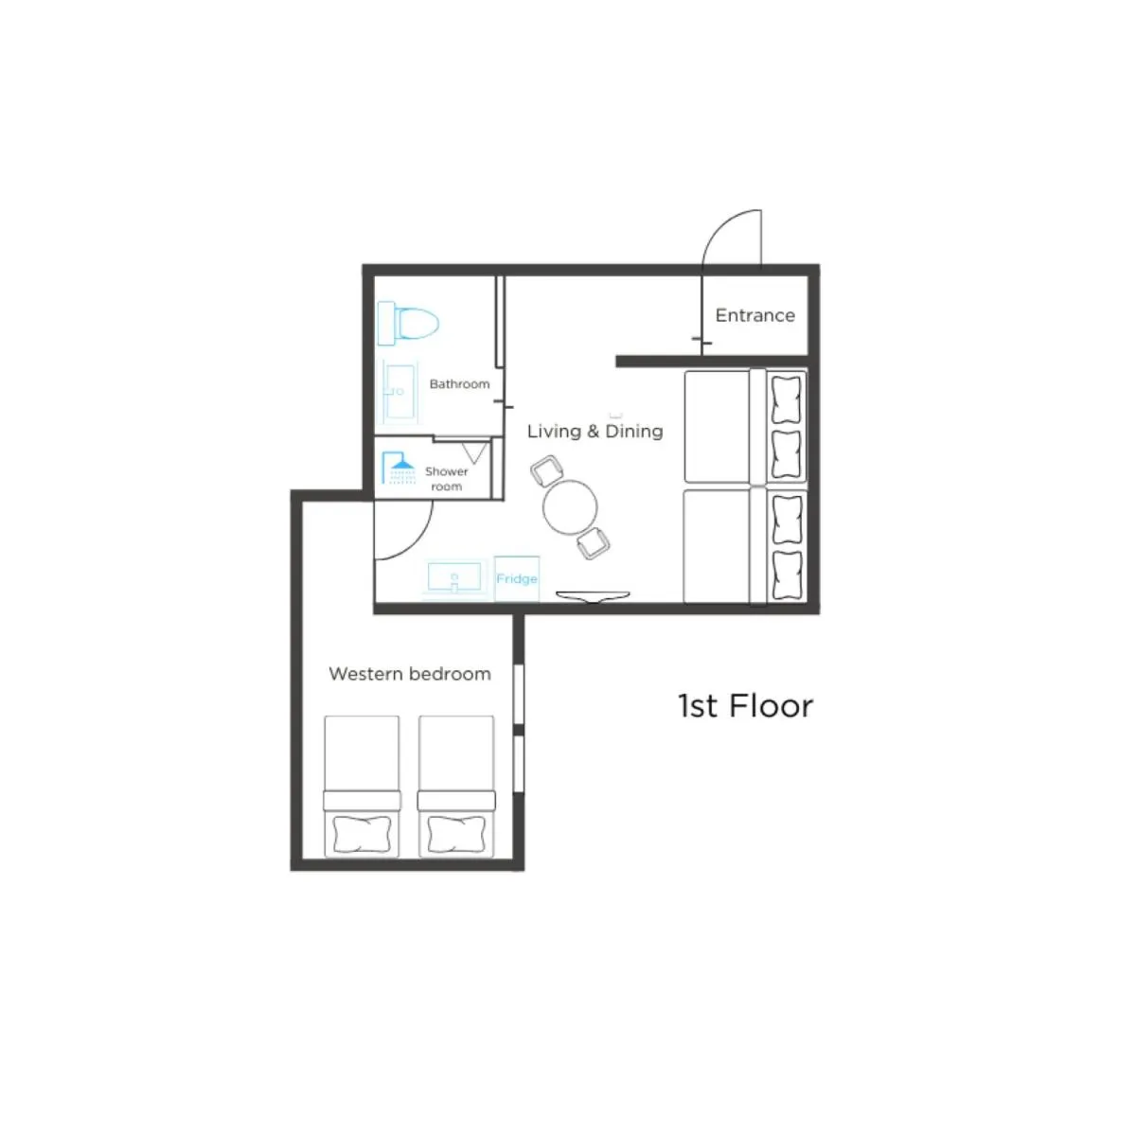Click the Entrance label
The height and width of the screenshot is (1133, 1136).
pos(754,315)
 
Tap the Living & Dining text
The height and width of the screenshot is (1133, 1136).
pos(595,432)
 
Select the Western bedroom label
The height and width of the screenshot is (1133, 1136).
pos(410,674)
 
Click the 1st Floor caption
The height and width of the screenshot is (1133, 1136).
pos(745,706)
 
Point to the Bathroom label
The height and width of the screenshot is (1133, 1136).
pos(459,384)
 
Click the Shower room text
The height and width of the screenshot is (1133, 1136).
pos(446,479)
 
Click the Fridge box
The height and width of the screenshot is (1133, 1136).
pos(517,578)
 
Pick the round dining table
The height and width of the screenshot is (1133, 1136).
pos(570,506)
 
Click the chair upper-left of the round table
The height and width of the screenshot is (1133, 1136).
pos(547,469)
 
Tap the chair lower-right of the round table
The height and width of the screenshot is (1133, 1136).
pos(594,544)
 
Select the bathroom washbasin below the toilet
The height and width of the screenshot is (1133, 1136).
pos(399,390)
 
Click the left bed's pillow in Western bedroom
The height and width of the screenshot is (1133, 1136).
pos(362,835)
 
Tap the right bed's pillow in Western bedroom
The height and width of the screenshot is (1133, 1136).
pos(455,835)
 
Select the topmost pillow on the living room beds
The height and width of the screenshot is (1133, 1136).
pos(787,398)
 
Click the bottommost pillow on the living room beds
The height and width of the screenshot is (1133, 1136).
pos(787,574)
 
